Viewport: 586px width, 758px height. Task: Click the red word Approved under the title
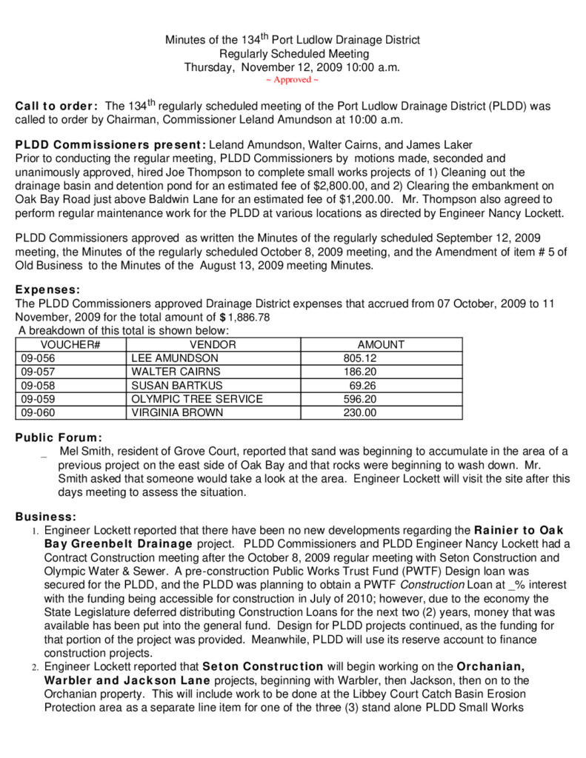pyautogui.click(x=292, y=80)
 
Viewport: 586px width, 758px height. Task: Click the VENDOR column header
pyautogui.click(x=213, y=345)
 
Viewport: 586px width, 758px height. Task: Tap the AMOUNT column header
pyautogui.click(x=381, y=345)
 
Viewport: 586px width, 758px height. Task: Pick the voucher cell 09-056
pyautogui.click(x=38, y=358)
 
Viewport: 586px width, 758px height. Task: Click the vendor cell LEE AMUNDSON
pyautogui.click(x=175, y=358)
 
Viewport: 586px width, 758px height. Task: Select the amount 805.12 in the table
pyautogui.click(x=360, y=358)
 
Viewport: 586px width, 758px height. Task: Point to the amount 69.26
pyautogui.click(x=363, y=386)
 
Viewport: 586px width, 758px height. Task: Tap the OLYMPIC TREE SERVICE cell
pyautogui.click(x=197, y=399)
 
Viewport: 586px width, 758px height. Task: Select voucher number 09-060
pyautogui.click(x=38, y=413)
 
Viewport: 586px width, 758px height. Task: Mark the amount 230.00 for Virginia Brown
pyautogui.click(x=360, y=413)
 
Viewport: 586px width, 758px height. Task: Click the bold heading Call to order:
pyautogui.click(x=56, y=107)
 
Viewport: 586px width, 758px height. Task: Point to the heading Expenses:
pyautogui.click(x=47, y=291)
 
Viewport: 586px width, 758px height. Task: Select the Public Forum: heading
pyautogui.click(x=59, y=437)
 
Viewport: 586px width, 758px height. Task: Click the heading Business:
pyautogui.click(x=45, y=516)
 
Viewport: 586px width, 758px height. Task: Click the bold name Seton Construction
pyautogui.click(x=262, y=667)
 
